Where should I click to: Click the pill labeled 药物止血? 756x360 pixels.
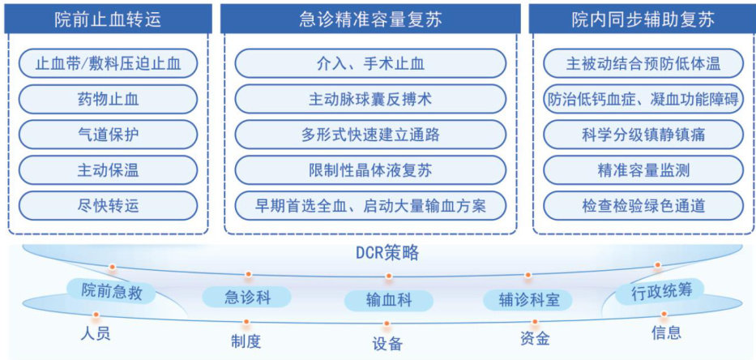click(108, 99)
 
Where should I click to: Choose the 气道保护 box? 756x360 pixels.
click(108, 135)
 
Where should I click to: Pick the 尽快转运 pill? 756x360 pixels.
click(108, 205)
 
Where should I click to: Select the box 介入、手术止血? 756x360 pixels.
click(370, 63)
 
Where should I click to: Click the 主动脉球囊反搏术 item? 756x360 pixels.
click(370, 99)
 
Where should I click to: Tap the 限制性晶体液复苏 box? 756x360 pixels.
click(370, 169)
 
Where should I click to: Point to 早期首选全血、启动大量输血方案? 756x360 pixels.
click(370, 205)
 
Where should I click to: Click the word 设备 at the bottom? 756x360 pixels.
click(388, 344)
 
